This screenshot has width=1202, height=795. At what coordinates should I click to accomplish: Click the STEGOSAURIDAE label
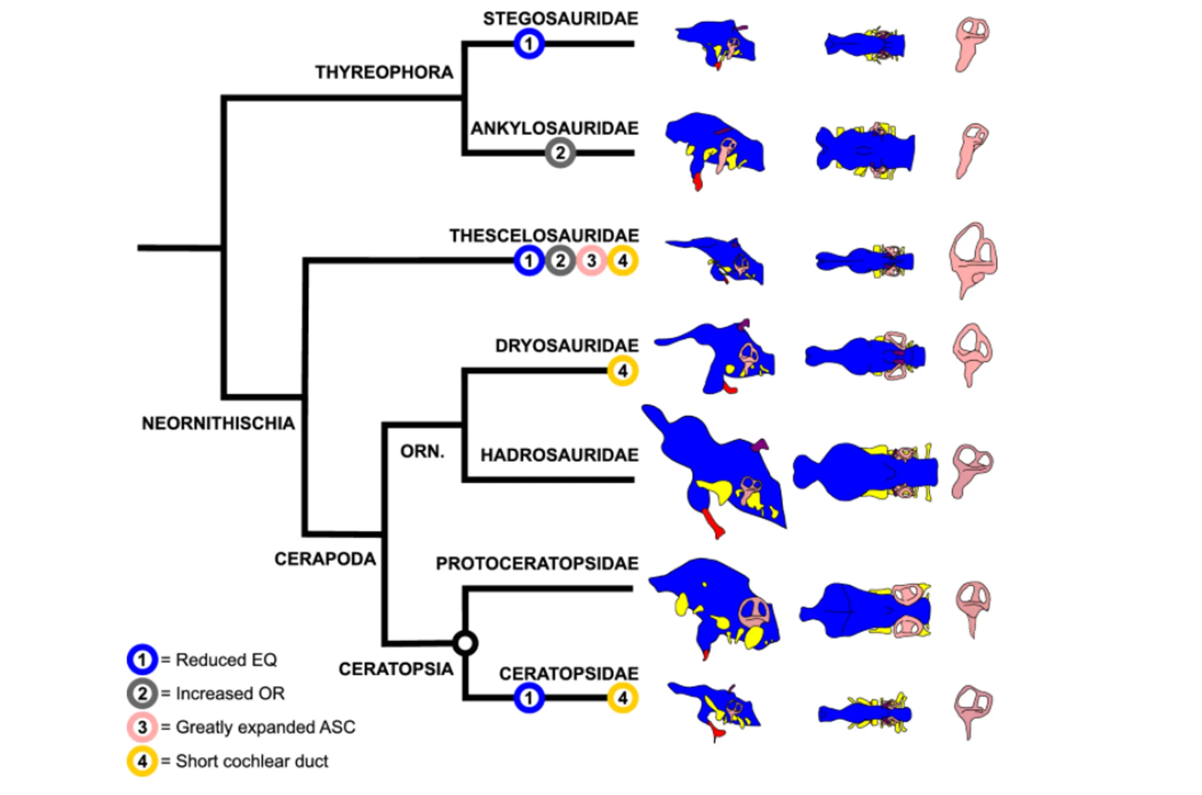pos(560,19)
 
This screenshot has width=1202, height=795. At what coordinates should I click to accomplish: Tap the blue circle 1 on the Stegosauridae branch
pos(529,43)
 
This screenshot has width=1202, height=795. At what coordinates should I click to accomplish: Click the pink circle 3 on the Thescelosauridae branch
pos(591,260)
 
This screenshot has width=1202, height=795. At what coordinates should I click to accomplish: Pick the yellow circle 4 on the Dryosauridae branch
pos(623,371)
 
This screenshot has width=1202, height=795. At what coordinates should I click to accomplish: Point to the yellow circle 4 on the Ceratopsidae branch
pos(623,698)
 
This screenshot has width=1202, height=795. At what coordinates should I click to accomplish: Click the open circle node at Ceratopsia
pos(465,644)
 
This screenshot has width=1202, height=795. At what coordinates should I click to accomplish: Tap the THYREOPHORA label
pos(384,73)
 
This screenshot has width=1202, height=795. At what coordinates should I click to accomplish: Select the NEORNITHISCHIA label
pos(218,423)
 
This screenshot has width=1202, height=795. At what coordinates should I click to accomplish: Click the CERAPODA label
pos(325,559)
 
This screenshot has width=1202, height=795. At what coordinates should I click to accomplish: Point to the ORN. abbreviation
pos(422,451)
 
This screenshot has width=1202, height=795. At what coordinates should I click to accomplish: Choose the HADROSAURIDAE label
pos(559,455)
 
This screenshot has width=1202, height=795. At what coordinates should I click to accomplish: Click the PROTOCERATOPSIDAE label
pos(537,563)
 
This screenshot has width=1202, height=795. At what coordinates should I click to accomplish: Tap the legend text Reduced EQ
pos(226,660)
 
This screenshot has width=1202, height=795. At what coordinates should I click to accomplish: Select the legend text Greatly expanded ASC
pos(265,727)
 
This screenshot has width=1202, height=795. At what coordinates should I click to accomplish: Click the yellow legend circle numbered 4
pos(142,761)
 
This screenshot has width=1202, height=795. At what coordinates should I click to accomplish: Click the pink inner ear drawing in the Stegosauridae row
pos(971,43)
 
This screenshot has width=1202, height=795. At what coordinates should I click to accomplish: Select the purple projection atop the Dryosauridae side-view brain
pos(745,325)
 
